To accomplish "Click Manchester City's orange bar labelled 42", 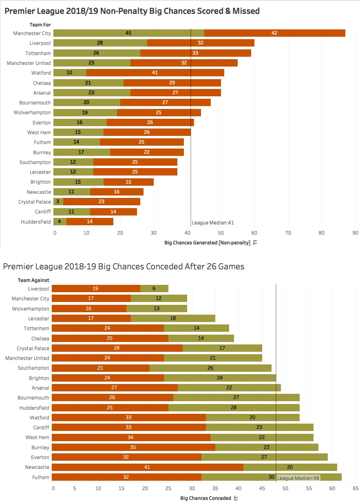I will click(274, 33).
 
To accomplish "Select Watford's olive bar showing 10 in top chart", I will click(70, 73).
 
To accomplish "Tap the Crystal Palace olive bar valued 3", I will click(58, 202).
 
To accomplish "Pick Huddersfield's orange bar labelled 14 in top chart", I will click(90, 222).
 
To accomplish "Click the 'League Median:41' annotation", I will click(213, 223).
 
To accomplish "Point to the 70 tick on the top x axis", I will click(288, 233).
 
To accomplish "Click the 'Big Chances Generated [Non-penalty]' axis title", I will click(207, 243).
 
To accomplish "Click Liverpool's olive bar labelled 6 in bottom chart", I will click(154, 289).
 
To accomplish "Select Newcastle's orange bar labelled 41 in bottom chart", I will click(148, 467).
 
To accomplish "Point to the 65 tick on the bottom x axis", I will click(355, 488).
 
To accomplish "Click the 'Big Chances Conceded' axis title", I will click(205, 498).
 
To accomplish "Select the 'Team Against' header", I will click(33, 280).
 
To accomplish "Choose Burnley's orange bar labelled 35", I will click(133, 447).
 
